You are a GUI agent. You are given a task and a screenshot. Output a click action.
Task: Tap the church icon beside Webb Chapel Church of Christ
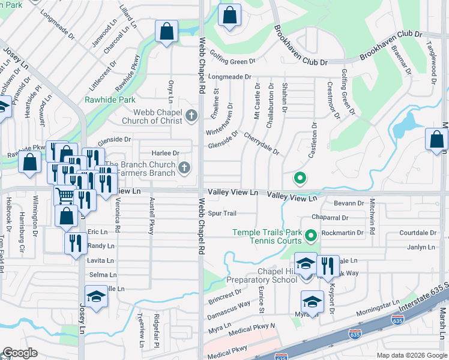click(191, 115)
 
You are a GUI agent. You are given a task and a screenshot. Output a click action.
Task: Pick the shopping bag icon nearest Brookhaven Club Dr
click(229, 16)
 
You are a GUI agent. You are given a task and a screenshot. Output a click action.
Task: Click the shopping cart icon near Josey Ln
click(65, 196)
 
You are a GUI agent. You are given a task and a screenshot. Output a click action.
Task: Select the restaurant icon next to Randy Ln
click(74, 244)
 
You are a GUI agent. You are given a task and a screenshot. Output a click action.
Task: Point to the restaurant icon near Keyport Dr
click(327, 266)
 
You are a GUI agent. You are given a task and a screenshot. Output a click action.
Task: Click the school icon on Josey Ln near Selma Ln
click(95, 297)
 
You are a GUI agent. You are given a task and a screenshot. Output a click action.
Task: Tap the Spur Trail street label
click(222, 213)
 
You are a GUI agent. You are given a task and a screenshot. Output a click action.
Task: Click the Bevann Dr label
click(349, 203)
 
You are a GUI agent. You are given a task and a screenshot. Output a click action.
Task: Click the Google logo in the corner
click(20, 353)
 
